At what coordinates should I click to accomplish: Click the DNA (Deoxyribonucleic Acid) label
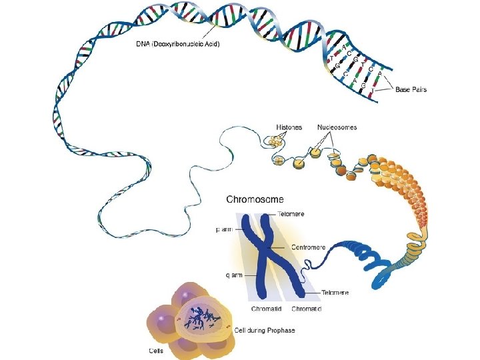click(x=177, y=45)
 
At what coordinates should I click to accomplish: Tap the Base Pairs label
click(x=411, y=89)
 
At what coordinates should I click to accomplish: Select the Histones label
click(x=289, y=127)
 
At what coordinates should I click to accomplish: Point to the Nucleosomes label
click(x=337, y=127)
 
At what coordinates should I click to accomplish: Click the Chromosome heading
click(x=255, y=199)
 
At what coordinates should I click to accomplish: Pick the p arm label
click(x=225, y=229)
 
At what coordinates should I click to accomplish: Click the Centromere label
click(x=308, y=247)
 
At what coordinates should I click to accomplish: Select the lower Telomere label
click(x=335, y=293)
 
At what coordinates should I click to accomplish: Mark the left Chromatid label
click(x=265, y=309)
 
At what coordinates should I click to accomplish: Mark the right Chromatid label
click(x=307, y=309)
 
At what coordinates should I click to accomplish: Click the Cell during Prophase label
click(x=264, y=330)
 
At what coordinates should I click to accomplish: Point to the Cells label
click(x=157, y=350)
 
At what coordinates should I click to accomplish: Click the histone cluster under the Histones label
click(x=275, y=143)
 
